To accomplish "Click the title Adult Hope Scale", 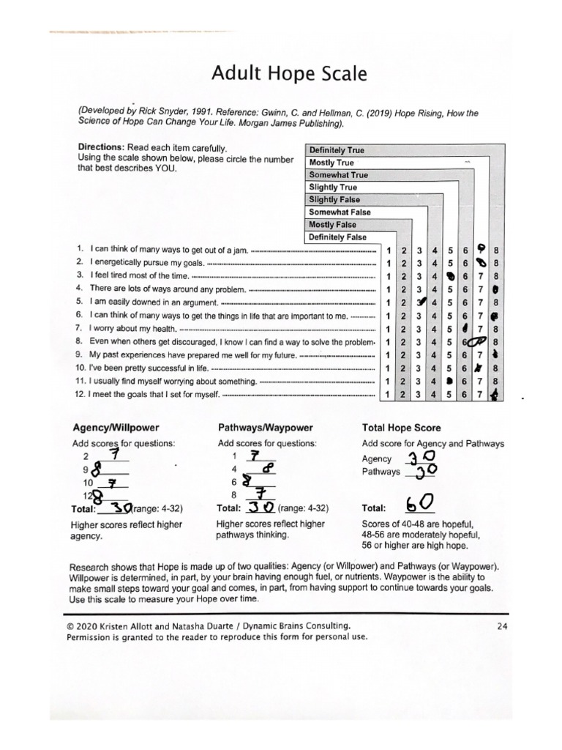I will [x=280, y=74].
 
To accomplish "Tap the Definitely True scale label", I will [x=337, y=150].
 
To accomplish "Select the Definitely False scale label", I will [x=337, y=237].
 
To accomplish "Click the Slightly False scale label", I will [x=334, y=200].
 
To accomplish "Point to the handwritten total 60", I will [x=421, y=504].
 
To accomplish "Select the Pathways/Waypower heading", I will [x=266, y=428].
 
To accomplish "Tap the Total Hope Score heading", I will [x=401, y=428].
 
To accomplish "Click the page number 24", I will [x=501, y=625].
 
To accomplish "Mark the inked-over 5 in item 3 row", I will [x=452, y=276].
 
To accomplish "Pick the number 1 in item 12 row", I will [x=388, y=396].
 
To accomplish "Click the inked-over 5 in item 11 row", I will [x=452, y=382].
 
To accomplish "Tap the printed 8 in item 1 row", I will [x=497, y=250].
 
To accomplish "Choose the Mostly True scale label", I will [x=331, y=163].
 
